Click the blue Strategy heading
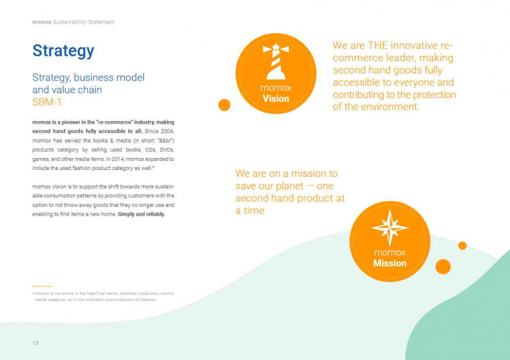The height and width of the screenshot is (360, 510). pos(63,51)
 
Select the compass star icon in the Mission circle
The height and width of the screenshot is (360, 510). pos(390,228)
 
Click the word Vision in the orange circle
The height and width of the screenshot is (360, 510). pos(276,99)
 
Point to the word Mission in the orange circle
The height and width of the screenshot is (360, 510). pos(390,264)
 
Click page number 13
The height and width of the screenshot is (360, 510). pos(36,343)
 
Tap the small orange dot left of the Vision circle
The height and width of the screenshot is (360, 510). pos(224,105)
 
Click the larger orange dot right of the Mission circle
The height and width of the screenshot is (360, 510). pos(443,266)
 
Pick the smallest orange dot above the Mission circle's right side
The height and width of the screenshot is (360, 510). pos(463,245)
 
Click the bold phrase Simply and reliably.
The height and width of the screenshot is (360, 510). pos(141,214)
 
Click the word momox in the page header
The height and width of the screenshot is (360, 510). pos(41,22)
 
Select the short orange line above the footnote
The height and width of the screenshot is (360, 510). pos(42,286)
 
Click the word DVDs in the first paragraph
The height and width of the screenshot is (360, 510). pos(167,150)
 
